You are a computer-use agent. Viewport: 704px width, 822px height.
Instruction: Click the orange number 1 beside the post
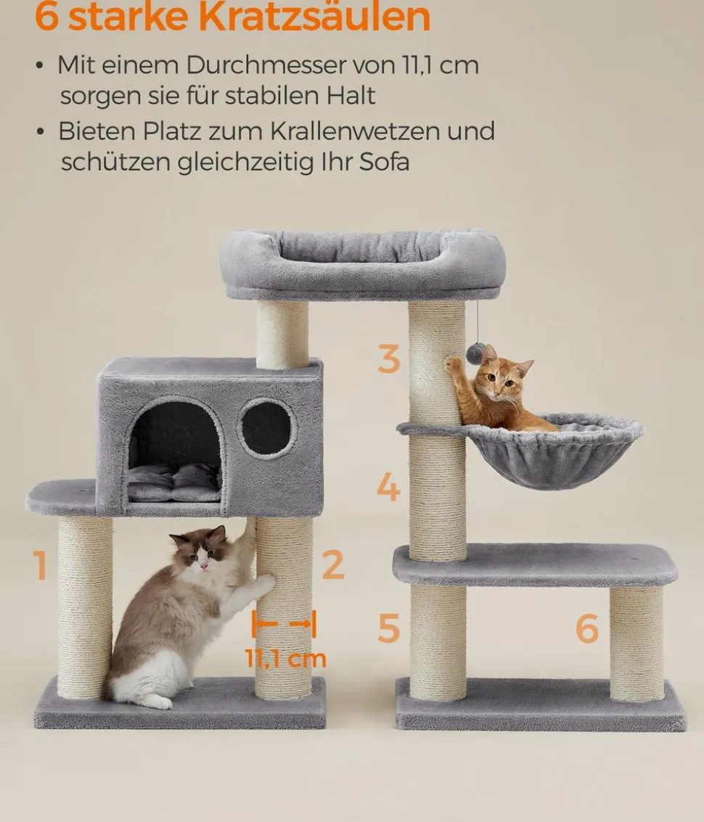point(40,564)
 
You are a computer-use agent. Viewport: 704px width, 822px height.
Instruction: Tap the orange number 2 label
point(333,564)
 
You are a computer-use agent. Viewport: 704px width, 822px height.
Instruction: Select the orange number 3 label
point(389,359)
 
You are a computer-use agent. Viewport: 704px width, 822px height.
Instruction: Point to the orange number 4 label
point(389,487)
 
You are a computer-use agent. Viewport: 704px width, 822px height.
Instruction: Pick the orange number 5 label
point(389,628)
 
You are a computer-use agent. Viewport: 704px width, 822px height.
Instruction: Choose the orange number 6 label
point(587,628)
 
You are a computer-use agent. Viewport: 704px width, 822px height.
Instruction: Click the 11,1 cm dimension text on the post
point(285,659)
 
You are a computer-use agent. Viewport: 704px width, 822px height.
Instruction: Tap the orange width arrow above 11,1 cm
point(284,623)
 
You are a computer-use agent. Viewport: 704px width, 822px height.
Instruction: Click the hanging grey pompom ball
point(475,354)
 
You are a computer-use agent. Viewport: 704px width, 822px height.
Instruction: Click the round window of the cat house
point(266,428)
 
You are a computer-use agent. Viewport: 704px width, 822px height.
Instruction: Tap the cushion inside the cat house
point(173,483)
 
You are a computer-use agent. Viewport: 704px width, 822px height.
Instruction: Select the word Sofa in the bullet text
point(384,162)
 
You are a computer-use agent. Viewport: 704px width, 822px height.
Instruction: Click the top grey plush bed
point(362,263)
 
